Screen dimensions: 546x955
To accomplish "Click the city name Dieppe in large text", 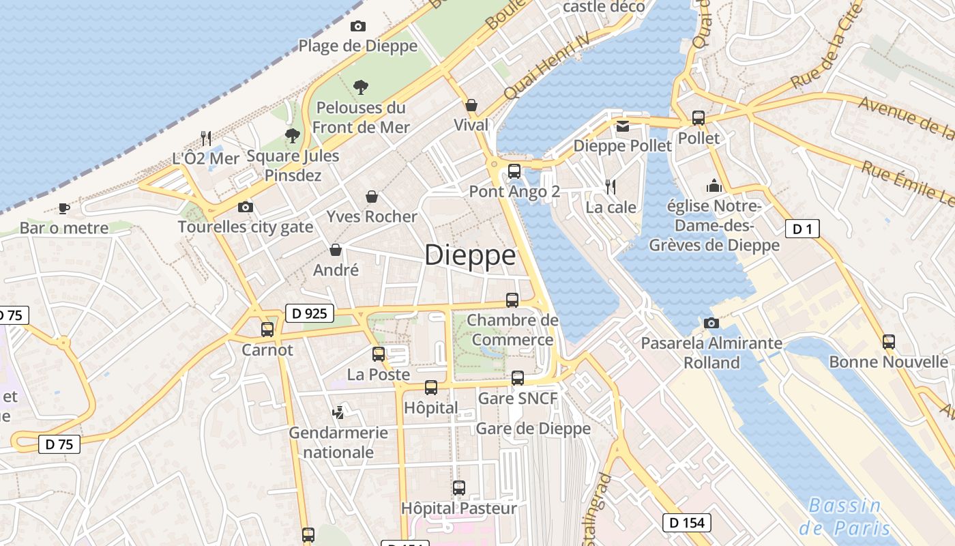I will coord(470,255).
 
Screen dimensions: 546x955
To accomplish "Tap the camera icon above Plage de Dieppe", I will coord(358,27).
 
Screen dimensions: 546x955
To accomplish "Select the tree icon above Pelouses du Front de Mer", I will coord(360,87).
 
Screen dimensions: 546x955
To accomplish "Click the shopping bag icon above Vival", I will coord(471,105).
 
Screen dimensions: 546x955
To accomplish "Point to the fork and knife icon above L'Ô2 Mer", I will coord(205,138).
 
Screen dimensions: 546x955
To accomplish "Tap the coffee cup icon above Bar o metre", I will coord(63,207).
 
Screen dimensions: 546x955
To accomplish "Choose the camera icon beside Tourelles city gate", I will coord(245,207).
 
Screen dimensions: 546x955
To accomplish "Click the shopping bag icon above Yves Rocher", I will coord(372,197).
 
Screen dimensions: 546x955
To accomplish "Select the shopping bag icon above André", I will coord(336,250).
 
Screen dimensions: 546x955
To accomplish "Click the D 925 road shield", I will coord(309,313).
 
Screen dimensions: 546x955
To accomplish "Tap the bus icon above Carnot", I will coord(267,330).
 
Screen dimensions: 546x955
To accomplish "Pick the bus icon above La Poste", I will coord(379,354).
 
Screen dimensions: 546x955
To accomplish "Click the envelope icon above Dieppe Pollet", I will coord(623,126).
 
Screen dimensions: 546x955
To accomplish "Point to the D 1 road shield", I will coord(802,229).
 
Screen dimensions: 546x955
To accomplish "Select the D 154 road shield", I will coord(687,523).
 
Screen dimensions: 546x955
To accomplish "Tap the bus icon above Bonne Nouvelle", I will coord(888,342).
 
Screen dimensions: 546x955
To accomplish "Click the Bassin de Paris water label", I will coord(845,517).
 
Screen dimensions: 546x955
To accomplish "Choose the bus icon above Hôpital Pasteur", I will coord(459,488).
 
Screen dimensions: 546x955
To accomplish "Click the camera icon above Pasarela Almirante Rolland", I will coord(711,322).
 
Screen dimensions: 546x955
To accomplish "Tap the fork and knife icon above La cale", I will coord(611,186).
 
